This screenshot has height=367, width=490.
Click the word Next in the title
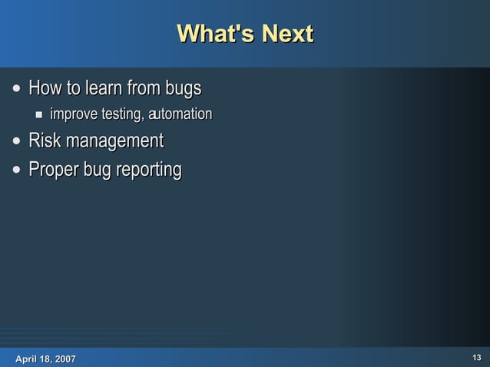click(x=286, y=35)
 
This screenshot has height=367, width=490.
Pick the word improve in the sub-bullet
click(x=74, y=115)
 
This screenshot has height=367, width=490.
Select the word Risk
click(x=45, y=141)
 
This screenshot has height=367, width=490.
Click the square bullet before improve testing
click(x=38, y=115)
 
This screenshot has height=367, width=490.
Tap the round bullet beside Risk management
click(x=17, y=142)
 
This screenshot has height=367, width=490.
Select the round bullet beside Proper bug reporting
click(x=17, y=169)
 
